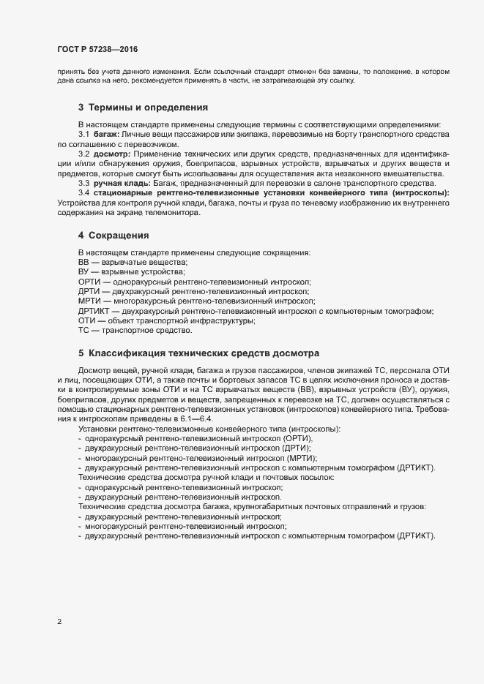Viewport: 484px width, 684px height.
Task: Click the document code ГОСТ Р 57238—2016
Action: coord(97,49)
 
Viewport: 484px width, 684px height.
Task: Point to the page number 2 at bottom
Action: coord(59,623)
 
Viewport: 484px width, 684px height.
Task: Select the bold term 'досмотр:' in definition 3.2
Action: coord(111,154)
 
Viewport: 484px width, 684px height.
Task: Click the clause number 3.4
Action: coord(83,192)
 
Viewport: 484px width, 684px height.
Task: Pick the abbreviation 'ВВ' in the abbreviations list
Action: coord(83,262)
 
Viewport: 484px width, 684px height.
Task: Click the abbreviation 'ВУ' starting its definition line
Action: coord(83,271)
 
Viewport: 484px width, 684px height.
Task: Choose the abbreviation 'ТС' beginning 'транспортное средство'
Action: coord(83,330)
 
